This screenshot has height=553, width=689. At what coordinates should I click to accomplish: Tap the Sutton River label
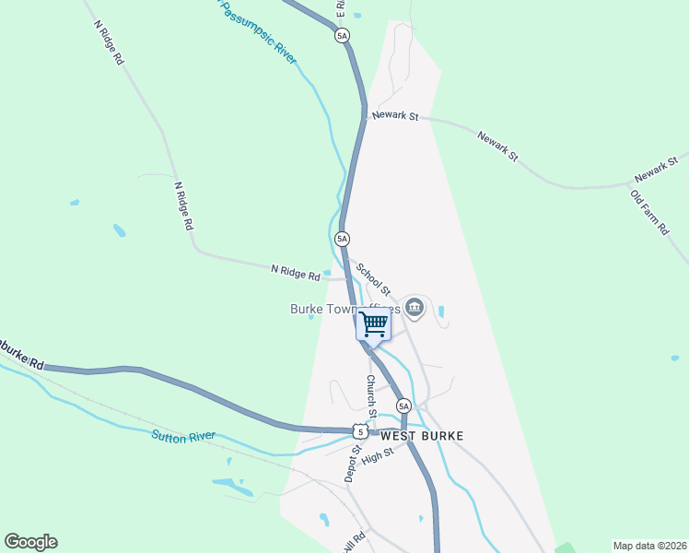(x=183, y=436)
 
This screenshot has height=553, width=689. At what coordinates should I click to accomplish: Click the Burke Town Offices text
(x=345, y=310)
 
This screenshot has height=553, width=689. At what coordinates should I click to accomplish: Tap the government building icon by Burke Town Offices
(x=415, y=307)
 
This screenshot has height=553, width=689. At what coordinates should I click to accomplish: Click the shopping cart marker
(x=373, y=324)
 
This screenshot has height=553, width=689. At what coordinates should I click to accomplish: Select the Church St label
(x=372, y=393)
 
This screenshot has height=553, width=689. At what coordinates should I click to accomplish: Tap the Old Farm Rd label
(x=648, y=212)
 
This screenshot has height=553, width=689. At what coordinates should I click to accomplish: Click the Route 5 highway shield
(x=359, y=430)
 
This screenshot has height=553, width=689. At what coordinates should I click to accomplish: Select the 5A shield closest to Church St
(x=403, y=406)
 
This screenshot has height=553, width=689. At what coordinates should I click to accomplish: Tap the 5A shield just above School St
(x=343, y=239)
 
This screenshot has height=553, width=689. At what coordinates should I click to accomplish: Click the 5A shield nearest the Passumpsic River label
(x=342, y=36)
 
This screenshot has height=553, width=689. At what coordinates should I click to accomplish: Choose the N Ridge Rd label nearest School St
(x=295, y=272)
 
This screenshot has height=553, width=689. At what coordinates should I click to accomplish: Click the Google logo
(x=30, y=542)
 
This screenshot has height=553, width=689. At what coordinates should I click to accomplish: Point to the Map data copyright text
(x=648, y=546)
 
